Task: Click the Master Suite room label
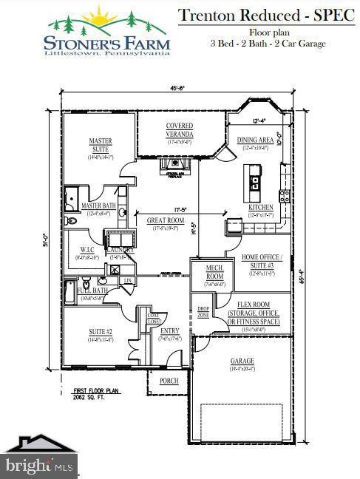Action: coord(100,145)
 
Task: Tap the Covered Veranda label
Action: coord(179,130)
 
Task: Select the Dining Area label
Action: coord(255,140)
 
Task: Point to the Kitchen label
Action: coord(260,208)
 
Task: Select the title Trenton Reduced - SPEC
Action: coord(267,14)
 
